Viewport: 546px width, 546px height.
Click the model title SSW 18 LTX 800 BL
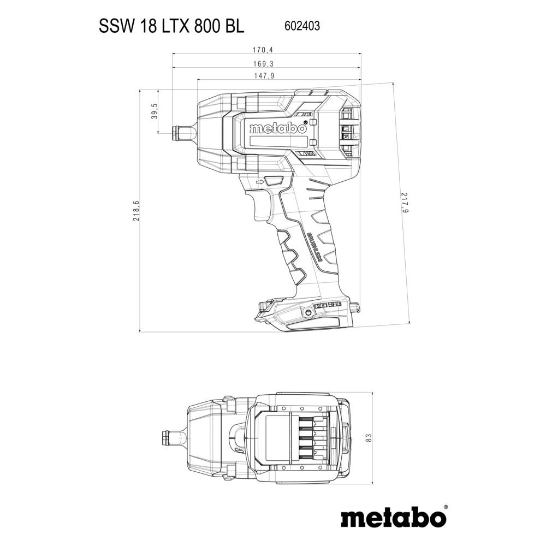(x=171, y=27)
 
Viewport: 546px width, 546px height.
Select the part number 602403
(x=302, y=26)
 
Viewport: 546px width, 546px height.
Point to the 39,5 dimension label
(x=155, y=111)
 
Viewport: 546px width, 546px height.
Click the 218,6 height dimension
(x=136, y=210)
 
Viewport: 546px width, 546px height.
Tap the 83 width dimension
(x=369, y=437)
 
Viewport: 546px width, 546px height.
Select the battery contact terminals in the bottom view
(x=308, y=437)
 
